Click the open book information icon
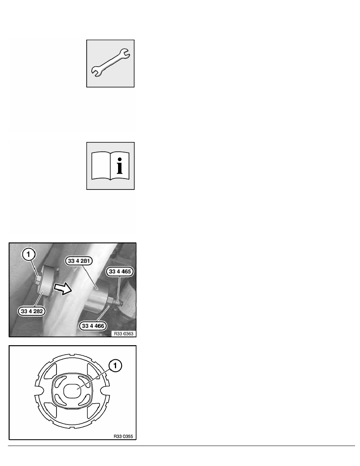click(110, 166)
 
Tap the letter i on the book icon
click(120, 166)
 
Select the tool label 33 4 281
click(79, 261)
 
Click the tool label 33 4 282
click(32, 311)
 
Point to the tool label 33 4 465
click(120, 271)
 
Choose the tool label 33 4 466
click(93, 326)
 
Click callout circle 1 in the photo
click(29, 255)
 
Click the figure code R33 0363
click(124, 333)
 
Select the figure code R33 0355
click(123, 436)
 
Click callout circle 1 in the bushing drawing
click(116, 366)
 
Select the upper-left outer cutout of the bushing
click(51, 371)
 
